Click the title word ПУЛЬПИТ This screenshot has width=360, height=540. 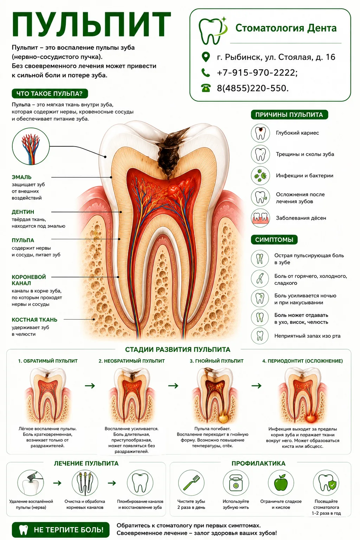(91, 25)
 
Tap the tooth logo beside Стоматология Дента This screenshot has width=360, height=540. (213, 31)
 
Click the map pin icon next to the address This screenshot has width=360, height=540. (205, 57)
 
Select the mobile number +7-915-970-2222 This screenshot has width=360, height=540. (257, 72)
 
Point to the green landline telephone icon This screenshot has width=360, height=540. (206, 88)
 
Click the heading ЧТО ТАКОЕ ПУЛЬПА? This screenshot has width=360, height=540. (50, 94)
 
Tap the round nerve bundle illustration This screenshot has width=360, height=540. (31, 147)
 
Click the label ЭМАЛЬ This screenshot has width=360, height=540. (22, 177)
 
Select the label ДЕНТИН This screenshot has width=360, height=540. (23, 212)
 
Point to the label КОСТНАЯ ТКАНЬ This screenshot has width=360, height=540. (34, 320)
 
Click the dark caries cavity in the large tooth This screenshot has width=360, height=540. (168, 151)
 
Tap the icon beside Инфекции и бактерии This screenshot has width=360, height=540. (260, 175)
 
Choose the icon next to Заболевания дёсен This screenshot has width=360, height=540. (260, 218)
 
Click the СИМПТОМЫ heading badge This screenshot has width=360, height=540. (274, 240)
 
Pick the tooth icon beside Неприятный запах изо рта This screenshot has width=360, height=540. (260, 336)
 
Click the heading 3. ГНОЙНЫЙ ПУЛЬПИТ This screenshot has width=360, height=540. (217, 361)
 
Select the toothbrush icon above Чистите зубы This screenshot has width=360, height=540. (191, 483)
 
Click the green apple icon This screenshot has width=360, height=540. (281, 483)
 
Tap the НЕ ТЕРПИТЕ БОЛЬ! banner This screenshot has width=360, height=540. (60, 530)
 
